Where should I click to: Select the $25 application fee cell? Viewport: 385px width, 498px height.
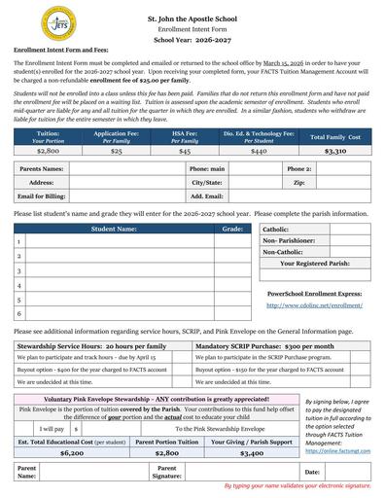click(116, 152)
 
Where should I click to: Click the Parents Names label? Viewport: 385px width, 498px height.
click(42, 169)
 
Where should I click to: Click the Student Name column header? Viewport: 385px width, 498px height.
click(114, 229)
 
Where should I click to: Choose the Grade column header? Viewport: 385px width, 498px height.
click(232, 229)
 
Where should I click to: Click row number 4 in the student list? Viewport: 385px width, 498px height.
click(19, 286)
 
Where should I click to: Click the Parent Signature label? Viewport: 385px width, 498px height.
click(167, 473)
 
